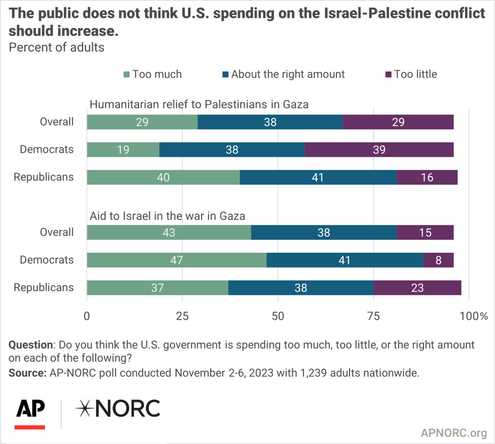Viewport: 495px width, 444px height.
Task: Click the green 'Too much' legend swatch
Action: [x=127, y=74]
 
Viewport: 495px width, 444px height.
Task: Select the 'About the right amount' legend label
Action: [x=288, y=74]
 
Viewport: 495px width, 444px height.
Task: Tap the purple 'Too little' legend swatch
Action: [x=388, y=74]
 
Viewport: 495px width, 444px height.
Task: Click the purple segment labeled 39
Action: [x=379, y=150]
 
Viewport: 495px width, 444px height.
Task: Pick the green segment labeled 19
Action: [x=123, y=150]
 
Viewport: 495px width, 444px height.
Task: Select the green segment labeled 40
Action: [x=163, y=177]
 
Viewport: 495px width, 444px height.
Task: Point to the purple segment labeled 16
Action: [x=427, y=177]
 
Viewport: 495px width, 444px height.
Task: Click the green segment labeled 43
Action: [x=169, y=232]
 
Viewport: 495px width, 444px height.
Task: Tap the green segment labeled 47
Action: [x=176, y=260]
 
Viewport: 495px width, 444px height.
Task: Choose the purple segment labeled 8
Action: [x=438, y=260]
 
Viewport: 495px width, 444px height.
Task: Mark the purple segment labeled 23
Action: [x=418, y=287]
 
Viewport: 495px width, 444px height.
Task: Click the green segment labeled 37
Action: [x=158, y=287]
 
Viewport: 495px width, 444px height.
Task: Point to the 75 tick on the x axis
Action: [x=373, y=316]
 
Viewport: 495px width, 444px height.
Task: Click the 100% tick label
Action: [x=474, y=316]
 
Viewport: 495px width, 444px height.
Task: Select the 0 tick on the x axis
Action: [x=87, y=316]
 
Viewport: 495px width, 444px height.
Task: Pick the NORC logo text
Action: [x=117, y=409]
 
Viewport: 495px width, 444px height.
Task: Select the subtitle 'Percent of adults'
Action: [x=57, y=48]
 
